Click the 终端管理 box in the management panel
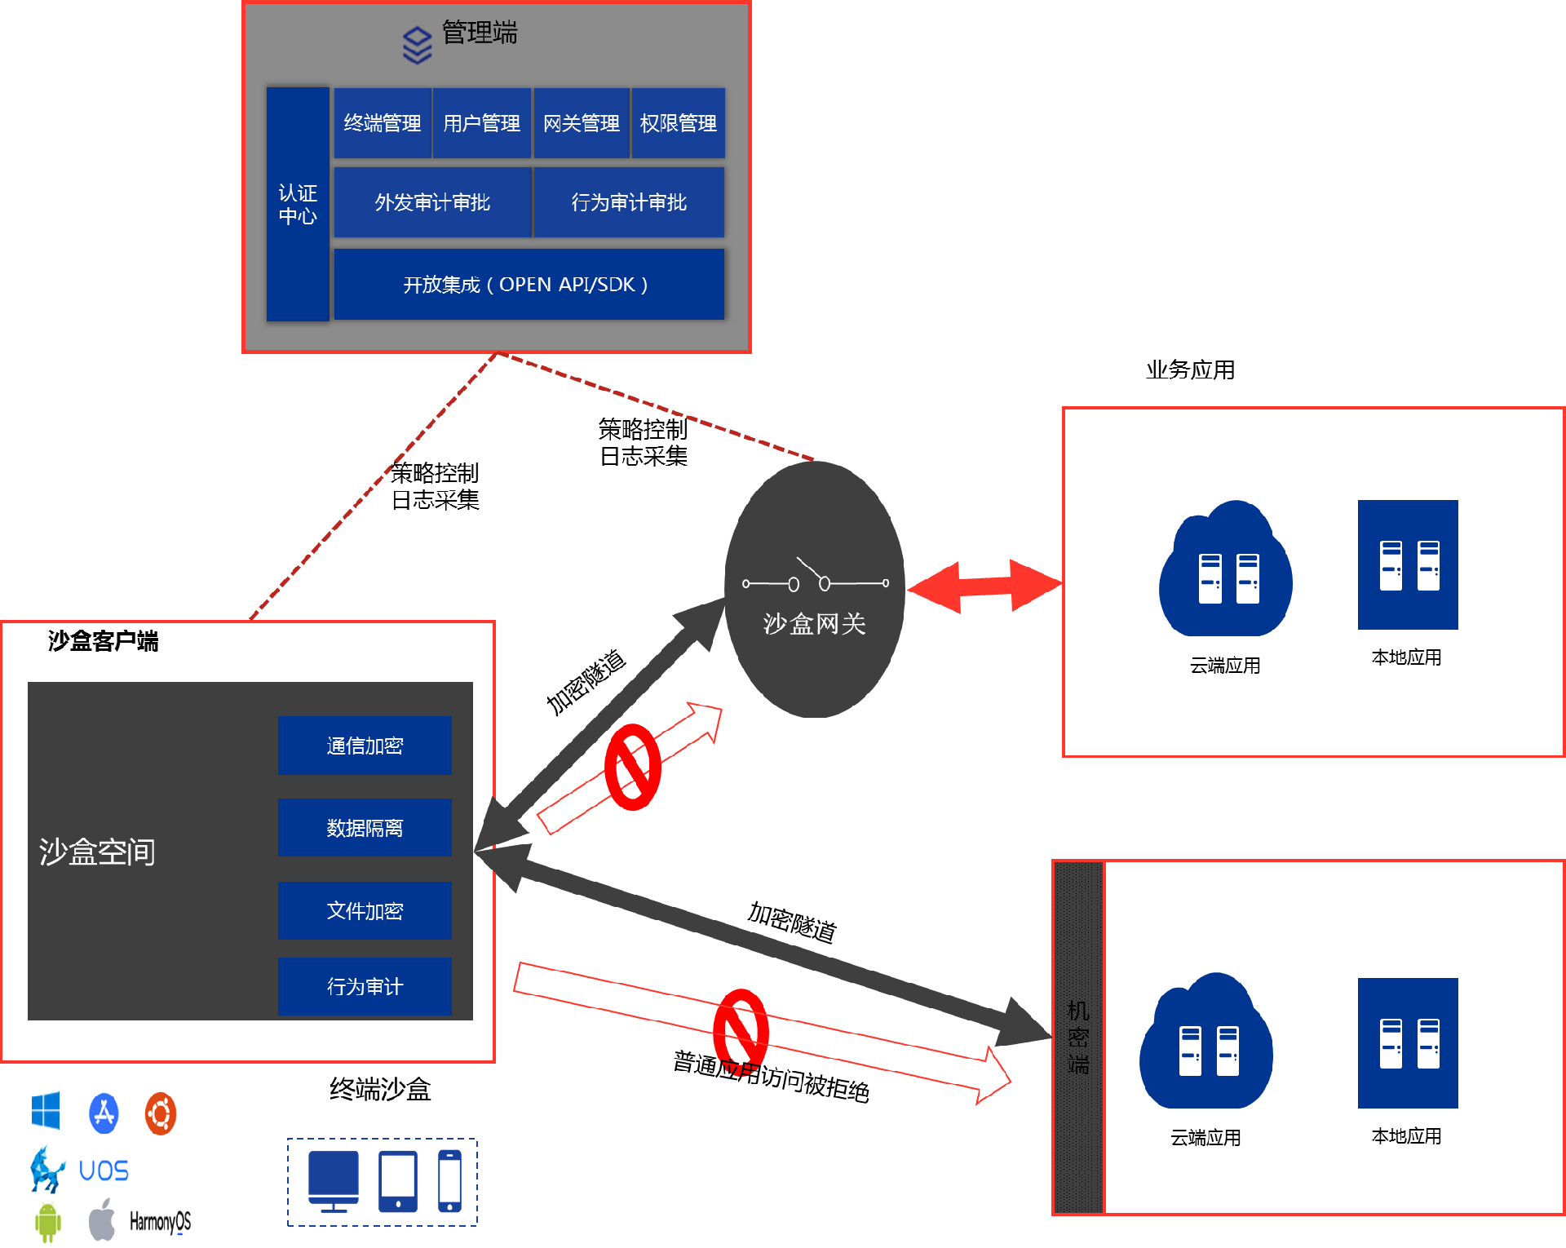(x=383, y=123)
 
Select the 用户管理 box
(x=481, y=123)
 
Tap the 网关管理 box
(x=581, y=123)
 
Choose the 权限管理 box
(x=678, y=123)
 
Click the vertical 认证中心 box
(x=298, y=204)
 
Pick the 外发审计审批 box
(x=432, y=202)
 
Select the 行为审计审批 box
(x=629, y=202)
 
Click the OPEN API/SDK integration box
(x=529, y=285)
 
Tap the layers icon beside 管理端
(x=418, y=45)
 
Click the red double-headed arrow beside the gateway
(x=984, y=585)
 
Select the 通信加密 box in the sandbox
(x=365, y=746)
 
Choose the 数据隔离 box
(x=365, y=828)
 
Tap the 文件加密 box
(x=365, y=910)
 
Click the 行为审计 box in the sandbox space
(x=365, y=986)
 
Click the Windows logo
(x=46, y=1112)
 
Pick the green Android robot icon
(x=48, y=1222)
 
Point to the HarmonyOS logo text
(x=160, y=1221)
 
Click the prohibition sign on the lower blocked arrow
(x=741, y=1029)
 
